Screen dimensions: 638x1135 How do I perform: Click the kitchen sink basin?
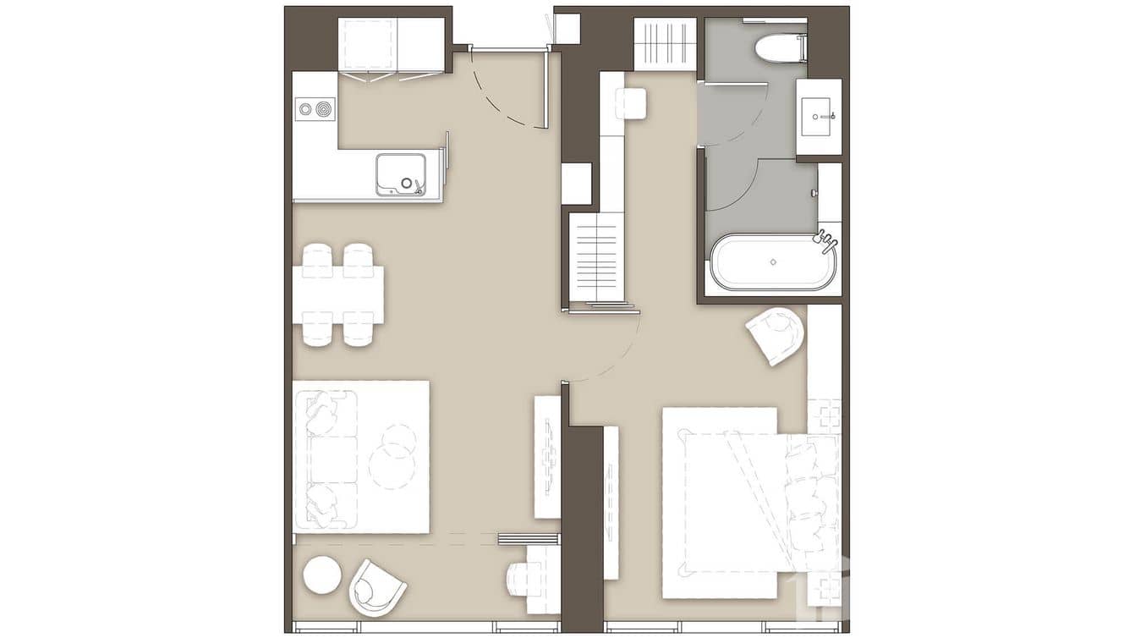tap(399, 173)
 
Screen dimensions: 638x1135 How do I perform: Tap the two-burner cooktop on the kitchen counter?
tap(315, 108)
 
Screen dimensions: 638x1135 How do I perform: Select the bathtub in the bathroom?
tap(772, 261)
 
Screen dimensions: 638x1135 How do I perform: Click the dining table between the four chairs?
tap(338, 294)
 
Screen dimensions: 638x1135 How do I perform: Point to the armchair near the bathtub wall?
tap(776, 335)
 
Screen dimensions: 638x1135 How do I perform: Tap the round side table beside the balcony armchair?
tap(322, 575)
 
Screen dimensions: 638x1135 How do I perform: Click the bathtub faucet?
tap(827, 242)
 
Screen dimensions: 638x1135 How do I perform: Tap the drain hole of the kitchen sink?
tap(408, 182)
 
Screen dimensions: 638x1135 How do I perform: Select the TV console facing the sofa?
tap(547, 457)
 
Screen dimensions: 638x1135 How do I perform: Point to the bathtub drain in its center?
tap(772, 261)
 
